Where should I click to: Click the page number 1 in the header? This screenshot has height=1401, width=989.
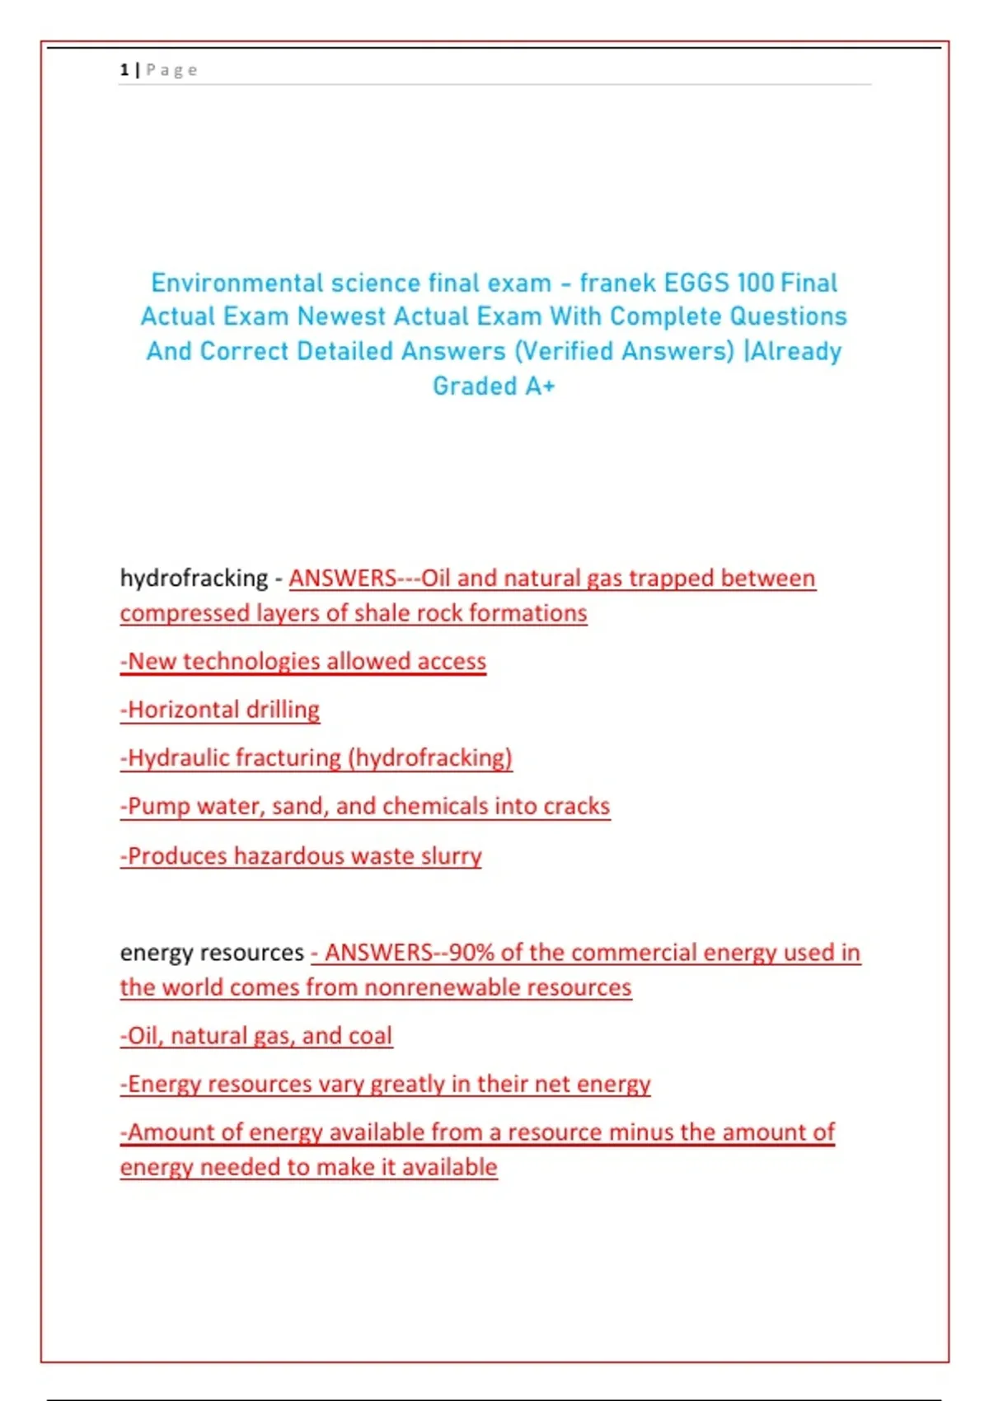pos(124,70)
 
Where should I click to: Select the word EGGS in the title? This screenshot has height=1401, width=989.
pos(696,283)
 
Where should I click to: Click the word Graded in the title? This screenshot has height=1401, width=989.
pos(475,386)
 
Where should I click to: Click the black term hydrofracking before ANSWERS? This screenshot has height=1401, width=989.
pos(194,579)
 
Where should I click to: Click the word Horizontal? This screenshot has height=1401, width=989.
pos(184,710)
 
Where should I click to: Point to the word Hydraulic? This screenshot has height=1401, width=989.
pos(178,758)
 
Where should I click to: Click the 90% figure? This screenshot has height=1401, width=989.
pos(471,953)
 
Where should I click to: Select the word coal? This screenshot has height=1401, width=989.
pos(370,1036)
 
